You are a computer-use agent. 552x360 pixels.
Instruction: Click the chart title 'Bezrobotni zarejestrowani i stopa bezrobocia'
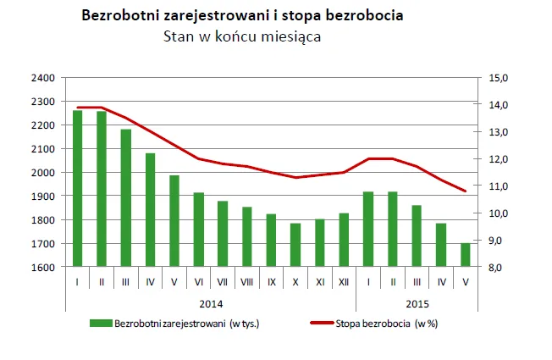pyautogui.click(x=241, y=16)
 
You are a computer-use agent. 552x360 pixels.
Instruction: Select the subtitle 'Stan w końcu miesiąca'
pyautogui.click(x=241, y=36)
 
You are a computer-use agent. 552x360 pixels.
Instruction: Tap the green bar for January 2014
pyautogui.click(x=77, y=189)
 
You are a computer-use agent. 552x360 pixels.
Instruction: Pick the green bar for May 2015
pyautogui.click(x=465, y=255)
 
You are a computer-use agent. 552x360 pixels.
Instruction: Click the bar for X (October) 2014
pyautogui.click(x=295, y=245)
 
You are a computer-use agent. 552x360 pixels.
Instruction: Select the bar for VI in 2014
pyautogui.click(x=198, y=230)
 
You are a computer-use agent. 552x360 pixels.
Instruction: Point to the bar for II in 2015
pyautogui.click(x=392, y=229)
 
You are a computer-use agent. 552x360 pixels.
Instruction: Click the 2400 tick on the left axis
pyautogui.click(x=43, y=78)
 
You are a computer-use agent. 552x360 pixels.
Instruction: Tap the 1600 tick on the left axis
pyautogui.click(x=43, y=268)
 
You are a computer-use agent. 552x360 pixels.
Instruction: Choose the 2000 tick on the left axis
pyautogui.click(x=43, y=173)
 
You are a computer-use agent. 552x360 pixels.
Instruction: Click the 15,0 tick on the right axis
pyautogui.click(x=500, y=78)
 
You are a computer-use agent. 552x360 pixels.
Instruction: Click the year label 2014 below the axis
pyautogui.click(x=211, y=303)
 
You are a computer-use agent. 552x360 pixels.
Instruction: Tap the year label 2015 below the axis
pyautogui.click(x=417, y=303)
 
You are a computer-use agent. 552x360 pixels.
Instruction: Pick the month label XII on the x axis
pyautogui.click(x=344, y=281)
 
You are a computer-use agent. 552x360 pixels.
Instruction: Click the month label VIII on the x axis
pyautogui.click(x=246, y=281)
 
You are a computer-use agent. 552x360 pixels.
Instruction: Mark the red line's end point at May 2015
pyautogui.click(x=465, y=191)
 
